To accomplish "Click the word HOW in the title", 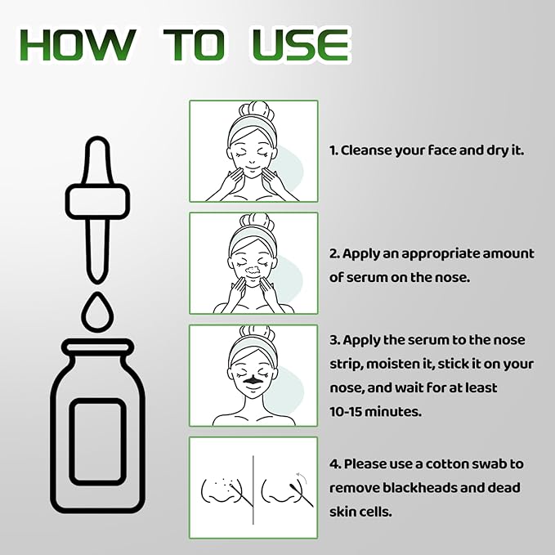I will point(77,45).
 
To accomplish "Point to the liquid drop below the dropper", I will point(97,311).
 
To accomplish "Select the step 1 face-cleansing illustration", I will point(253,151).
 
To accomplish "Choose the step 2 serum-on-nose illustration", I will point(253,263).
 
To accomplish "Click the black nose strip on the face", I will point(251,380).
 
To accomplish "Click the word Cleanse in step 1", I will point(369,150).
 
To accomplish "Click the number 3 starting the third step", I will point(333,339).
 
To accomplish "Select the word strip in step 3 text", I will point(347,364).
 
